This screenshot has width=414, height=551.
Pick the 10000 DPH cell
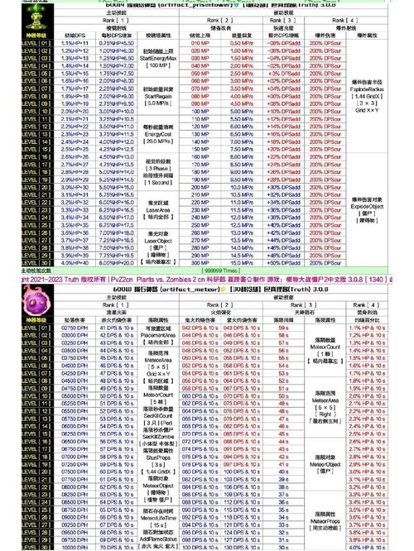coord(74,545)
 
